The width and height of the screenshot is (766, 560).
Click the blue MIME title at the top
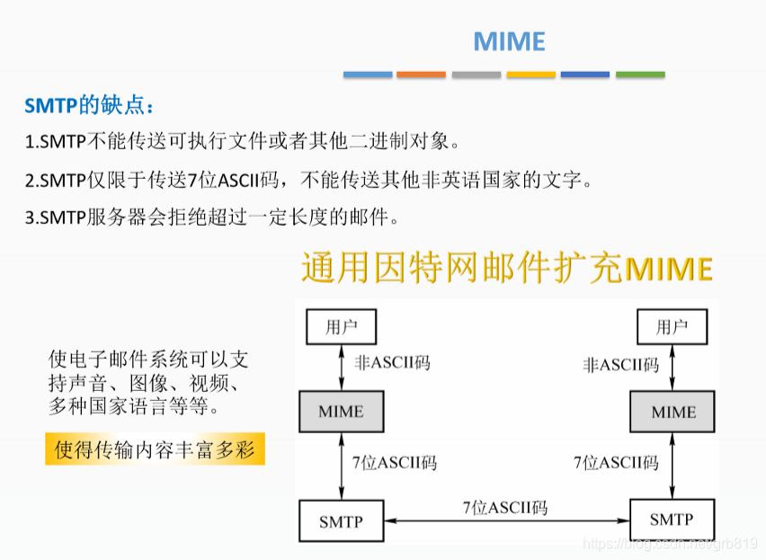point(509,41)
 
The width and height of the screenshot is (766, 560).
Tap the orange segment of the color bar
point(421,75)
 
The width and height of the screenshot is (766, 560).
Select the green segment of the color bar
point(640,75)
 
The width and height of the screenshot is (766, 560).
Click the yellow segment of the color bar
point(530,75)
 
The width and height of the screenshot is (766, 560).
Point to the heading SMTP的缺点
point(89,106)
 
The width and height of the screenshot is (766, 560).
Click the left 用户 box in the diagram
point(341,326)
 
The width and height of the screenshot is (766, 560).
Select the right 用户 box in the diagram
point(672,326)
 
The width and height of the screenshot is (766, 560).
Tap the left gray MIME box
point(341,412)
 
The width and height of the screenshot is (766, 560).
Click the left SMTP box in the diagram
point(341,521)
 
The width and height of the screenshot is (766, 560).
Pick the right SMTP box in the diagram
point(672,520)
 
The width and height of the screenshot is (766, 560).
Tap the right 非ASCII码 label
point(620,365)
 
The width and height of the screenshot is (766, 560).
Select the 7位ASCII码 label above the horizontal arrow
point(504,507)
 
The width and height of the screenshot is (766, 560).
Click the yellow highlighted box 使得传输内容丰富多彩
point(156,449)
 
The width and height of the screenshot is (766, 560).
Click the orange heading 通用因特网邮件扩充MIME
point(507,268)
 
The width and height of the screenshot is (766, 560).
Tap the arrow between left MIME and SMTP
point(341,466)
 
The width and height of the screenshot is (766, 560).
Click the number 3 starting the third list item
point(30,217)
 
